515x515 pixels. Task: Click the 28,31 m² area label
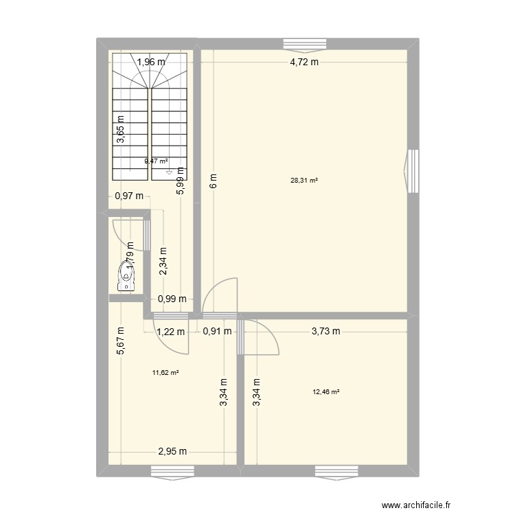point(304,181)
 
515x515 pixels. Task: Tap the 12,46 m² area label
point(326,392)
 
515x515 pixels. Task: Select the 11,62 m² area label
point(165,373)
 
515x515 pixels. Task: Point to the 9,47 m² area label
point(156,161)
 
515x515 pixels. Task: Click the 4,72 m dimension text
point(304,62)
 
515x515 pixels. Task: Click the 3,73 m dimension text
point(325,331)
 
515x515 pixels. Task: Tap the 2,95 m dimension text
point(172,452)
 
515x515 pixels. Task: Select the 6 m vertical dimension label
point(214,182)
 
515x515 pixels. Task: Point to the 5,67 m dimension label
point(121,340)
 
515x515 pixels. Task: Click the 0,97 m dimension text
point(129,196)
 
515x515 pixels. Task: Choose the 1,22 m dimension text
point(171,332)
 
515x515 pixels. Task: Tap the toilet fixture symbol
point(126,273)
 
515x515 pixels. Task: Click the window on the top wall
point(306,44)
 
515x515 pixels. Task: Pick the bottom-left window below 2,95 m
point(172,470)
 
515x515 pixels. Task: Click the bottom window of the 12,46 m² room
point(336,470)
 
